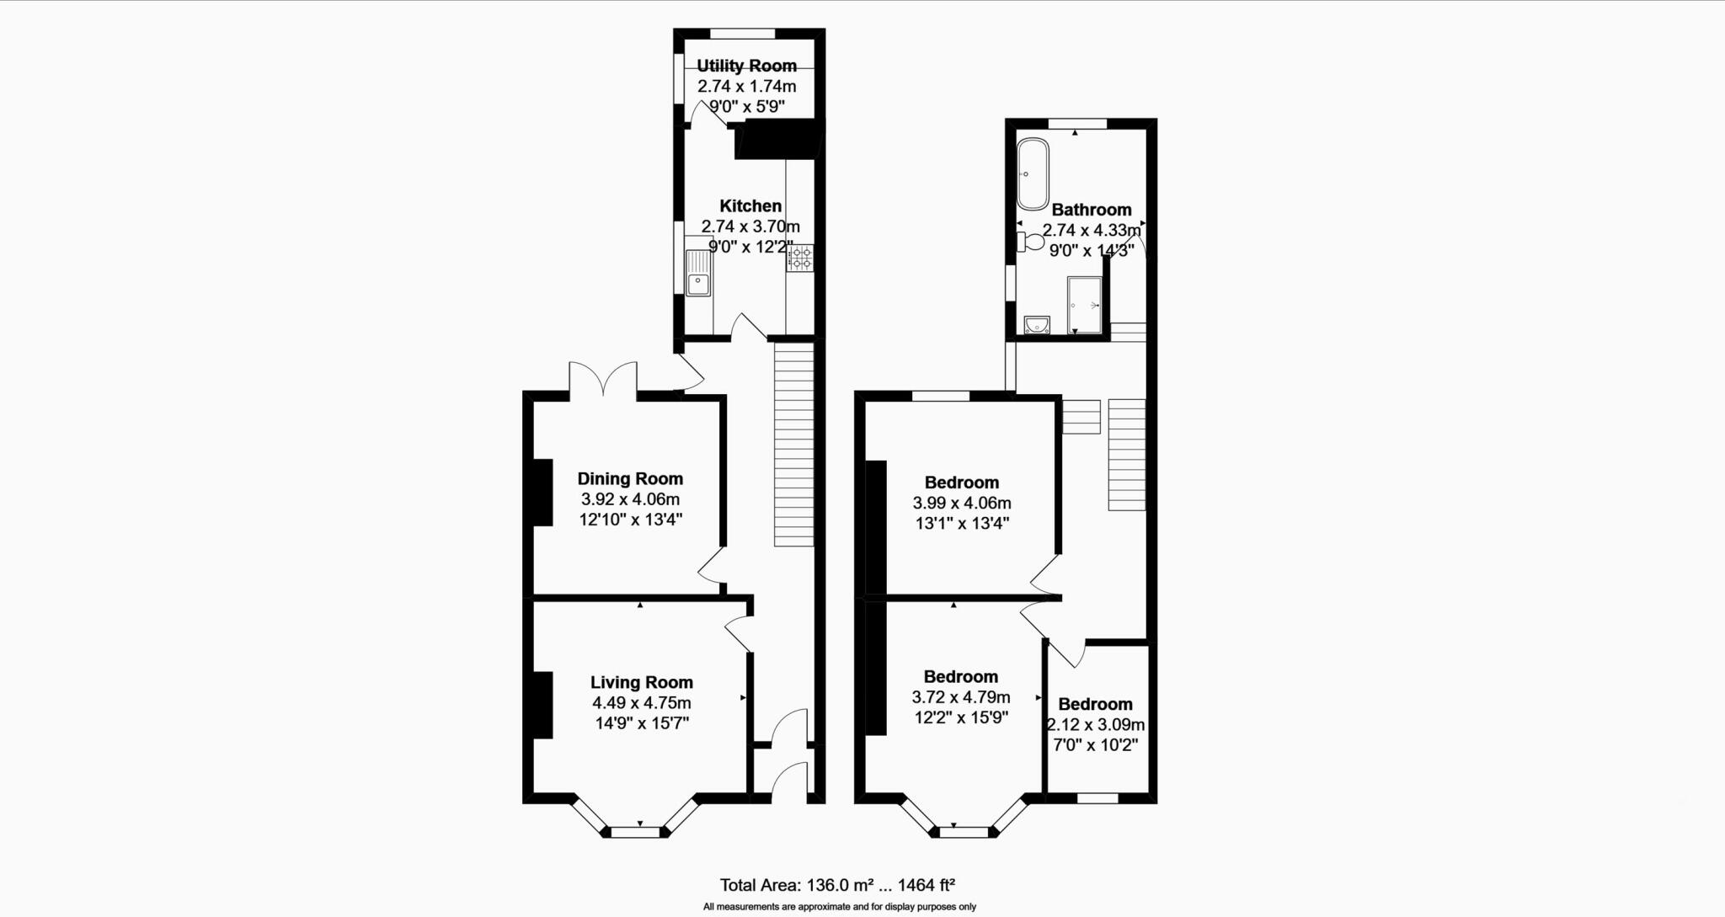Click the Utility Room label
pyautogui.click(x=746, y=66)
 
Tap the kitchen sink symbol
pyautogui.click(x=698, y=275)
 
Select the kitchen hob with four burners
pyautogui.click(x=800, y=258)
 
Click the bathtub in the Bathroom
pyautogui.click(x=1032, y=174)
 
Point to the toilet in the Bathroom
pyautogui.click(x=1031, y=243)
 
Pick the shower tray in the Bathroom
pyautogui.click(x=1084, y=305)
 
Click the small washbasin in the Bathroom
pyautogui.click(x=1037, y=325)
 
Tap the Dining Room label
pyautogui.click(x=630, y=478)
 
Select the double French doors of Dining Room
pyautogui.click(x=603, y=378)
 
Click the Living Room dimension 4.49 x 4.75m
pyautogui.click(x=641, y=703)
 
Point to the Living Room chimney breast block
pyautogui.click(x=542, y=705)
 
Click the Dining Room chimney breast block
pyautogui.click(x=542, y=492)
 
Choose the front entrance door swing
pyautogui.click(x=789, y=780)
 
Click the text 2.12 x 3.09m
pyautogui.click(x=1096, y=725)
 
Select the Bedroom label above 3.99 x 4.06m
pyautogui.click(x=961, y=482)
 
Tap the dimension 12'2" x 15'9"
pyautogui.click(x=961, y=718)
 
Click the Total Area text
pyautogui.click(x=836, y=885)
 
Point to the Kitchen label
pyautogui.click(x=750, y=205)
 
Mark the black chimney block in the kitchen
pyautogui.click(x=777, y=140)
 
